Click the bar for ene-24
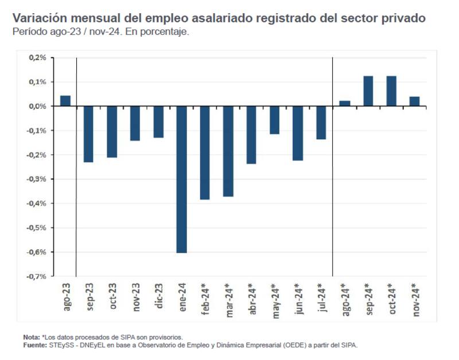pos(181,179)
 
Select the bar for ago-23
pos(65,101)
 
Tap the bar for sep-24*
pos(368,91)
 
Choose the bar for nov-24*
pos(414,101)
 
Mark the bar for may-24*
pos(274,120)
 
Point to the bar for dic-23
pos(158,122)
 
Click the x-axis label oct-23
pos(112,296)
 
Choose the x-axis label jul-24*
pos(321,299)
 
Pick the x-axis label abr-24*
pos(251,299)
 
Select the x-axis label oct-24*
pos(391,299)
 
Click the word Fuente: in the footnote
pos(34,345)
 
